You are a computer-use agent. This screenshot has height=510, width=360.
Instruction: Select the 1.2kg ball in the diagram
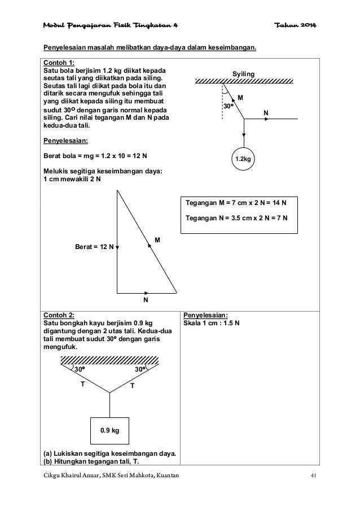coord(244,160)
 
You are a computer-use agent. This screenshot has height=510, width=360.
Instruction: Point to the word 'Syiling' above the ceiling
coord(244,75)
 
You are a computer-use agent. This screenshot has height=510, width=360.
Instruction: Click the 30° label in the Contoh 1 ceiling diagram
coord(228,106)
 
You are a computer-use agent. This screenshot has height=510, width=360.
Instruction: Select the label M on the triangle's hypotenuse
coord(157,241)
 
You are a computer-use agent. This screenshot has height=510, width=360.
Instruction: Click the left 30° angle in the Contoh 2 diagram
coord(80,369)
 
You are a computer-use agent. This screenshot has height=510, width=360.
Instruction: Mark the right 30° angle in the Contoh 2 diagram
coord(140,369)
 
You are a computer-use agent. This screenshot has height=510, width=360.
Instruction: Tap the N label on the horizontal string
coord(265,113)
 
